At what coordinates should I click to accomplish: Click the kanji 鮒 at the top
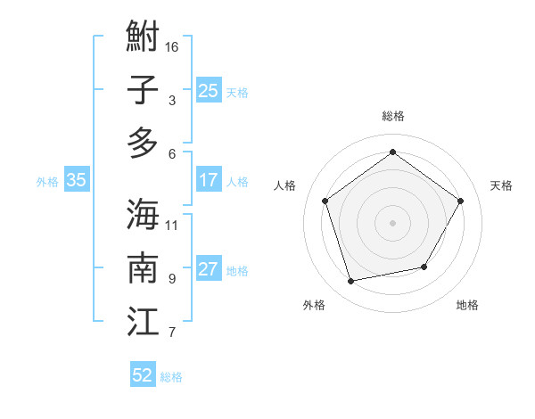coord(143,38)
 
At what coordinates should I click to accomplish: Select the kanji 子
coord(143,90)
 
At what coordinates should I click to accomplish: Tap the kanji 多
coord(143,143)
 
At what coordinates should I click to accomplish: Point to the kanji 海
coord(143,214)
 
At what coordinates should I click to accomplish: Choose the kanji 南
coord(143,267)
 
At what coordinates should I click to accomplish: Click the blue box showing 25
coord(208,90)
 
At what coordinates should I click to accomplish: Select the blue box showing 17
coord(208,180)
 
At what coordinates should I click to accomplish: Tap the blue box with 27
coord(208,269)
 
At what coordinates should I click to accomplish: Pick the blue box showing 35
coord(76,180)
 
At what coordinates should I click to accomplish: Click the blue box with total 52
coord(143,375)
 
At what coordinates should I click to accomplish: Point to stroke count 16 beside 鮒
coord(172,46)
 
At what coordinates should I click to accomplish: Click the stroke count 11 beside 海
coord(172,225)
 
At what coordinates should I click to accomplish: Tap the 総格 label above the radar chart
coord(392,116)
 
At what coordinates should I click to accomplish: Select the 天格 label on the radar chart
coord(501,185)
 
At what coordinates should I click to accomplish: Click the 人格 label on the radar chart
coord(285,185)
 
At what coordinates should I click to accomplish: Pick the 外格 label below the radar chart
coord(314,306)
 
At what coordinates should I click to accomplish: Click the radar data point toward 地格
coord(424,267)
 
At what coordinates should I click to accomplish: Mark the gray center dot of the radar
coord(392,222)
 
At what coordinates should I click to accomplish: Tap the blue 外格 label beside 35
coord(47,181)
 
